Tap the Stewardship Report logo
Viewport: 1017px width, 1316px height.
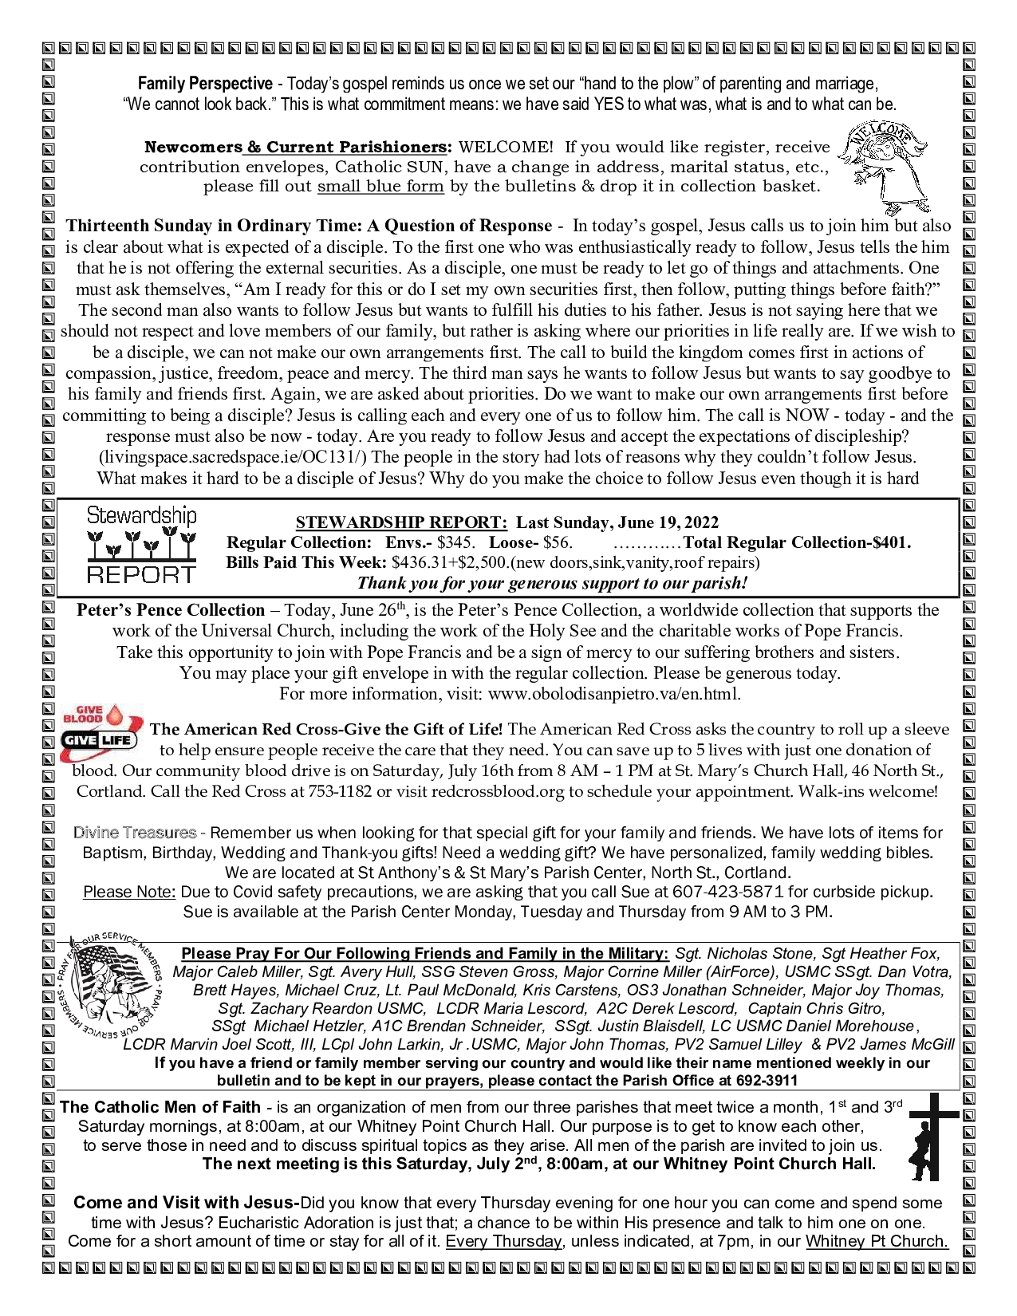coord(140,546)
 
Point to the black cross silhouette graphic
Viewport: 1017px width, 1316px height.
coord(932,1137)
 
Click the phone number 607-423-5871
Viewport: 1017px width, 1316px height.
coord(723,892)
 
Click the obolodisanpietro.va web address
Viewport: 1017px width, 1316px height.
coord(613,694)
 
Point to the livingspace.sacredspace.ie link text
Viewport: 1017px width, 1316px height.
coord(233,458)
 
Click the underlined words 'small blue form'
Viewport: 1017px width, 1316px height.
coord(380,187)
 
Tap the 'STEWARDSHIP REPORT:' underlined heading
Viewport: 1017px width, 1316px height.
coord(401,522)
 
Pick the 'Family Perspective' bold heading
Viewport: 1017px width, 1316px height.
coord(205,84)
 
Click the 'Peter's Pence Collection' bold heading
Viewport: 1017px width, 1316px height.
coord(171,610)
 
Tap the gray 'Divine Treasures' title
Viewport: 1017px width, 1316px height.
coord(135,833)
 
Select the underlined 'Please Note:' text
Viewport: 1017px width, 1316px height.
coord(129,892)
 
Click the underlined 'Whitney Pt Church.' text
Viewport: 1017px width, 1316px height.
coord(877,1242)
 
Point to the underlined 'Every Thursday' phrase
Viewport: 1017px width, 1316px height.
coord(503,1242)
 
